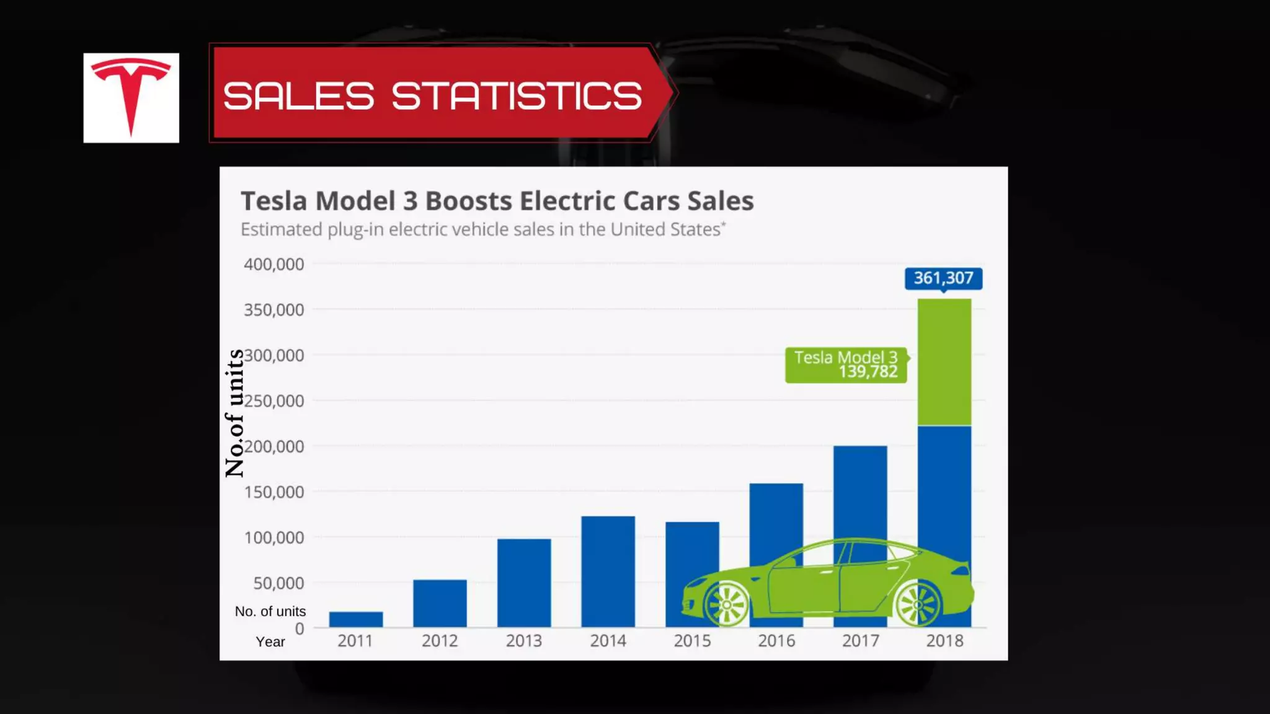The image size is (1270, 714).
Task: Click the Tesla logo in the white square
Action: [131, 97]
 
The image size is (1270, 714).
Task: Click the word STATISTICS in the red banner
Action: [517, 96]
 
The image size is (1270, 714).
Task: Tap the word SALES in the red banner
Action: [298, 96]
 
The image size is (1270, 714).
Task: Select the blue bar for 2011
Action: [356, 619]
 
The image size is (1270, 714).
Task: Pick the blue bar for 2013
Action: [524, 583]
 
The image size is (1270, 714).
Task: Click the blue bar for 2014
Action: [608, 571]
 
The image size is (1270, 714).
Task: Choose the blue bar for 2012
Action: [440, 603]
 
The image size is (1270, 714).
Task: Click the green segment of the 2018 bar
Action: [944, 362]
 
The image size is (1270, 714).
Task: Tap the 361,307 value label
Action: [943, 278]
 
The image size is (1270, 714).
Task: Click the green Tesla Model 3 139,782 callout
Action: [846, 364]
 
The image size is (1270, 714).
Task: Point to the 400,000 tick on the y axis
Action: [273, 264]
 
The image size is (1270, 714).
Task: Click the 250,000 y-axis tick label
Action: [273, 401]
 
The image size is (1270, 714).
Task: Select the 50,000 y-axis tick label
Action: [278, 583]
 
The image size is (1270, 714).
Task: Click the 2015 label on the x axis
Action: [692, 641]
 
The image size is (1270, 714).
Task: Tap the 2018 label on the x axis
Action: [944, 641]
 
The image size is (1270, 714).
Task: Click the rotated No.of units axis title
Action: [234, 413]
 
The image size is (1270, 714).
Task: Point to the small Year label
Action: [270, 642]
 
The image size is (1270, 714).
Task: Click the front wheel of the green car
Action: [726, 604]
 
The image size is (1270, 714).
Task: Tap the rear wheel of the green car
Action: [918, 604]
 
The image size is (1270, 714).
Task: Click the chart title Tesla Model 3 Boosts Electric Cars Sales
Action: [497, 201]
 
